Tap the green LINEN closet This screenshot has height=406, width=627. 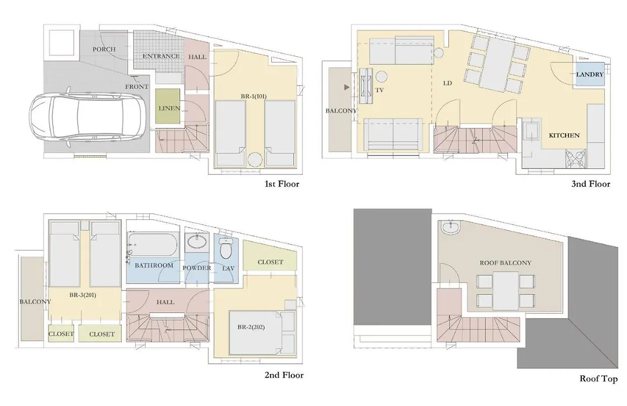[167, 106]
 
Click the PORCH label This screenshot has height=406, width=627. [104, 49]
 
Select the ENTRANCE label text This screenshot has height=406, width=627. [161, 56]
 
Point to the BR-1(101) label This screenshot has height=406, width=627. [254, 96]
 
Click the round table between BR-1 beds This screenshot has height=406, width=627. [255, 159]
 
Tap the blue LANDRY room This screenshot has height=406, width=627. [590, 74]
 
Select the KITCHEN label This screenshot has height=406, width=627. [564, 136]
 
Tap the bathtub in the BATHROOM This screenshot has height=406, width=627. [152, 245]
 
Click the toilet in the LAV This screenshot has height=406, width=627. [226, 249]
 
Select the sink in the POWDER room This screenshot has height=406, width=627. [197, 241]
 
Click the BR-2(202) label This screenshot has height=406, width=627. [251, 327]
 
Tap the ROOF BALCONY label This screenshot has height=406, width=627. [506, 263]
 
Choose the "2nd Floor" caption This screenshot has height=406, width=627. [284, 375]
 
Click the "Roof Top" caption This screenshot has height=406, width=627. [599, 379]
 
